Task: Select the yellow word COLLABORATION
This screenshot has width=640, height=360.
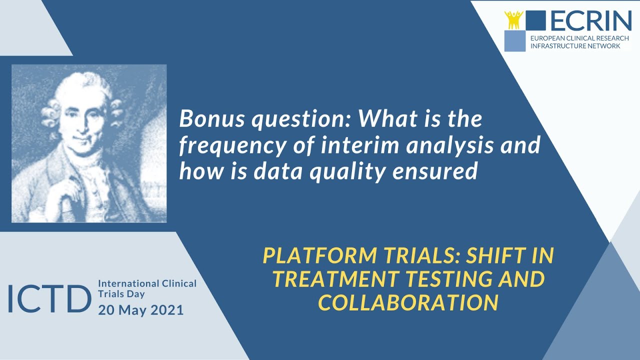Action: (408, 302)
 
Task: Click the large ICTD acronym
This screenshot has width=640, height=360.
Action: (49, 298)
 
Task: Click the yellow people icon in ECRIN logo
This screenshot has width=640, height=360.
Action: (513, 19)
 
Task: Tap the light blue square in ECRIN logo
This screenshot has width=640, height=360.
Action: (515, 41)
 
